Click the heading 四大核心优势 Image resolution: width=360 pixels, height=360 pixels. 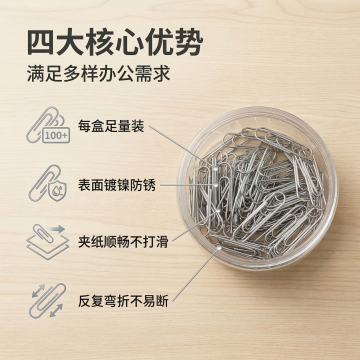115,43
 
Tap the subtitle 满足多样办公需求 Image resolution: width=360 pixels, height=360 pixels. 99,74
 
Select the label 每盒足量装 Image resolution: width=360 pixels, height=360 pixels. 111,127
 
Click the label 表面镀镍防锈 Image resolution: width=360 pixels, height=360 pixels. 117,185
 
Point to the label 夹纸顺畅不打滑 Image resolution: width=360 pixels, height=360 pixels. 123,242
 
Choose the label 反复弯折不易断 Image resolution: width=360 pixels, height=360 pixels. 123,301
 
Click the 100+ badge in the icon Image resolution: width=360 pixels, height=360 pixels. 56,135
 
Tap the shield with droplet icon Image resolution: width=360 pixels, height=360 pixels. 57,190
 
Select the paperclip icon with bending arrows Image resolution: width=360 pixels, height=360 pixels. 48,301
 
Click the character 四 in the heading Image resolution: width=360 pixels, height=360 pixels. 40,43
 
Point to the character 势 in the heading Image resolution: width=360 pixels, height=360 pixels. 190,43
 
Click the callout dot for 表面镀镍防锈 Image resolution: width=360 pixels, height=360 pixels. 215,184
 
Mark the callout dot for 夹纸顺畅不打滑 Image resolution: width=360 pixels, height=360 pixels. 218,211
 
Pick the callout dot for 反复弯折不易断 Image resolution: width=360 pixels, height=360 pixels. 219,247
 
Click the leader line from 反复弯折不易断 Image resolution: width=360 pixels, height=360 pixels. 196,274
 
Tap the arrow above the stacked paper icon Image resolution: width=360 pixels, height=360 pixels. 57,229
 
